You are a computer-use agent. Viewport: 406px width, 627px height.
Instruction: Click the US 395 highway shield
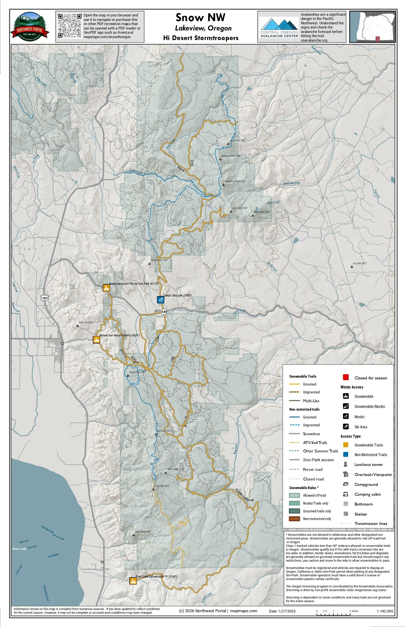tap(45, 298)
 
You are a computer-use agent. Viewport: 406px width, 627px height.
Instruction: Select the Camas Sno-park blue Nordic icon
tap(160, 299)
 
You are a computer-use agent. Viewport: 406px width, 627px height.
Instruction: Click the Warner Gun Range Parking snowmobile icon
tap(96, 340)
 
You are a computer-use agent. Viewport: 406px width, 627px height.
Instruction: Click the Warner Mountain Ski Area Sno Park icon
tap(106, 288)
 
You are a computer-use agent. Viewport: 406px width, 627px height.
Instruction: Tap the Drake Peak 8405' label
tap(262, 212)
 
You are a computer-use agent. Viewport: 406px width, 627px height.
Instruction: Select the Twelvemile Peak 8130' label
tap(235, 181)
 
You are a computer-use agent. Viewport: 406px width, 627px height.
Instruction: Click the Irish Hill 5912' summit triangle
tap(351, 267)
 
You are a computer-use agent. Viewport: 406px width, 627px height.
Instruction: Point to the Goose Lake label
tap(19, 549)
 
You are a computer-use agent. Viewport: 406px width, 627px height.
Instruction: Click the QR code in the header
tap(70, 26)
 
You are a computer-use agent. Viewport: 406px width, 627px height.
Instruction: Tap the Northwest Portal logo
tap(30, 26)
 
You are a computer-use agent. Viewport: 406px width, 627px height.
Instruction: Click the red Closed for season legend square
tap(346, 377)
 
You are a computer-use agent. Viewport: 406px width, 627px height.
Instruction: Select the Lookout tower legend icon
tap(346, 464)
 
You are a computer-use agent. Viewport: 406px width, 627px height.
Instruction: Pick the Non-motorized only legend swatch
tap(294, 519)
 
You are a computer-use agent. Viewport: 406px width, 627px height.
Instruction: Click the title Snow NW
tap(200, 18)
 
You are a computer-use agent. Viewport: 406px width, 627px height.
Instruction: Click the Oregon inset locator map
tap(372, 26)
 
